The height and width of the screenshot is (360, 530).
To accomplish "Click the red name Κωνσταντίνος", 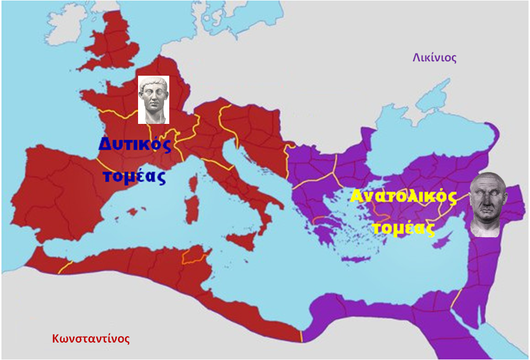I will click(90, 338).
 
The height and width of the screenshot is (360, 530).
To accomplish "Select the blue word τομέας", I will click(134, 175).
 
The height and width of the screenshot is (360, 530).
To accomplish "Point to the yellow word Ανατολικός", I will click(403, 197).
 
